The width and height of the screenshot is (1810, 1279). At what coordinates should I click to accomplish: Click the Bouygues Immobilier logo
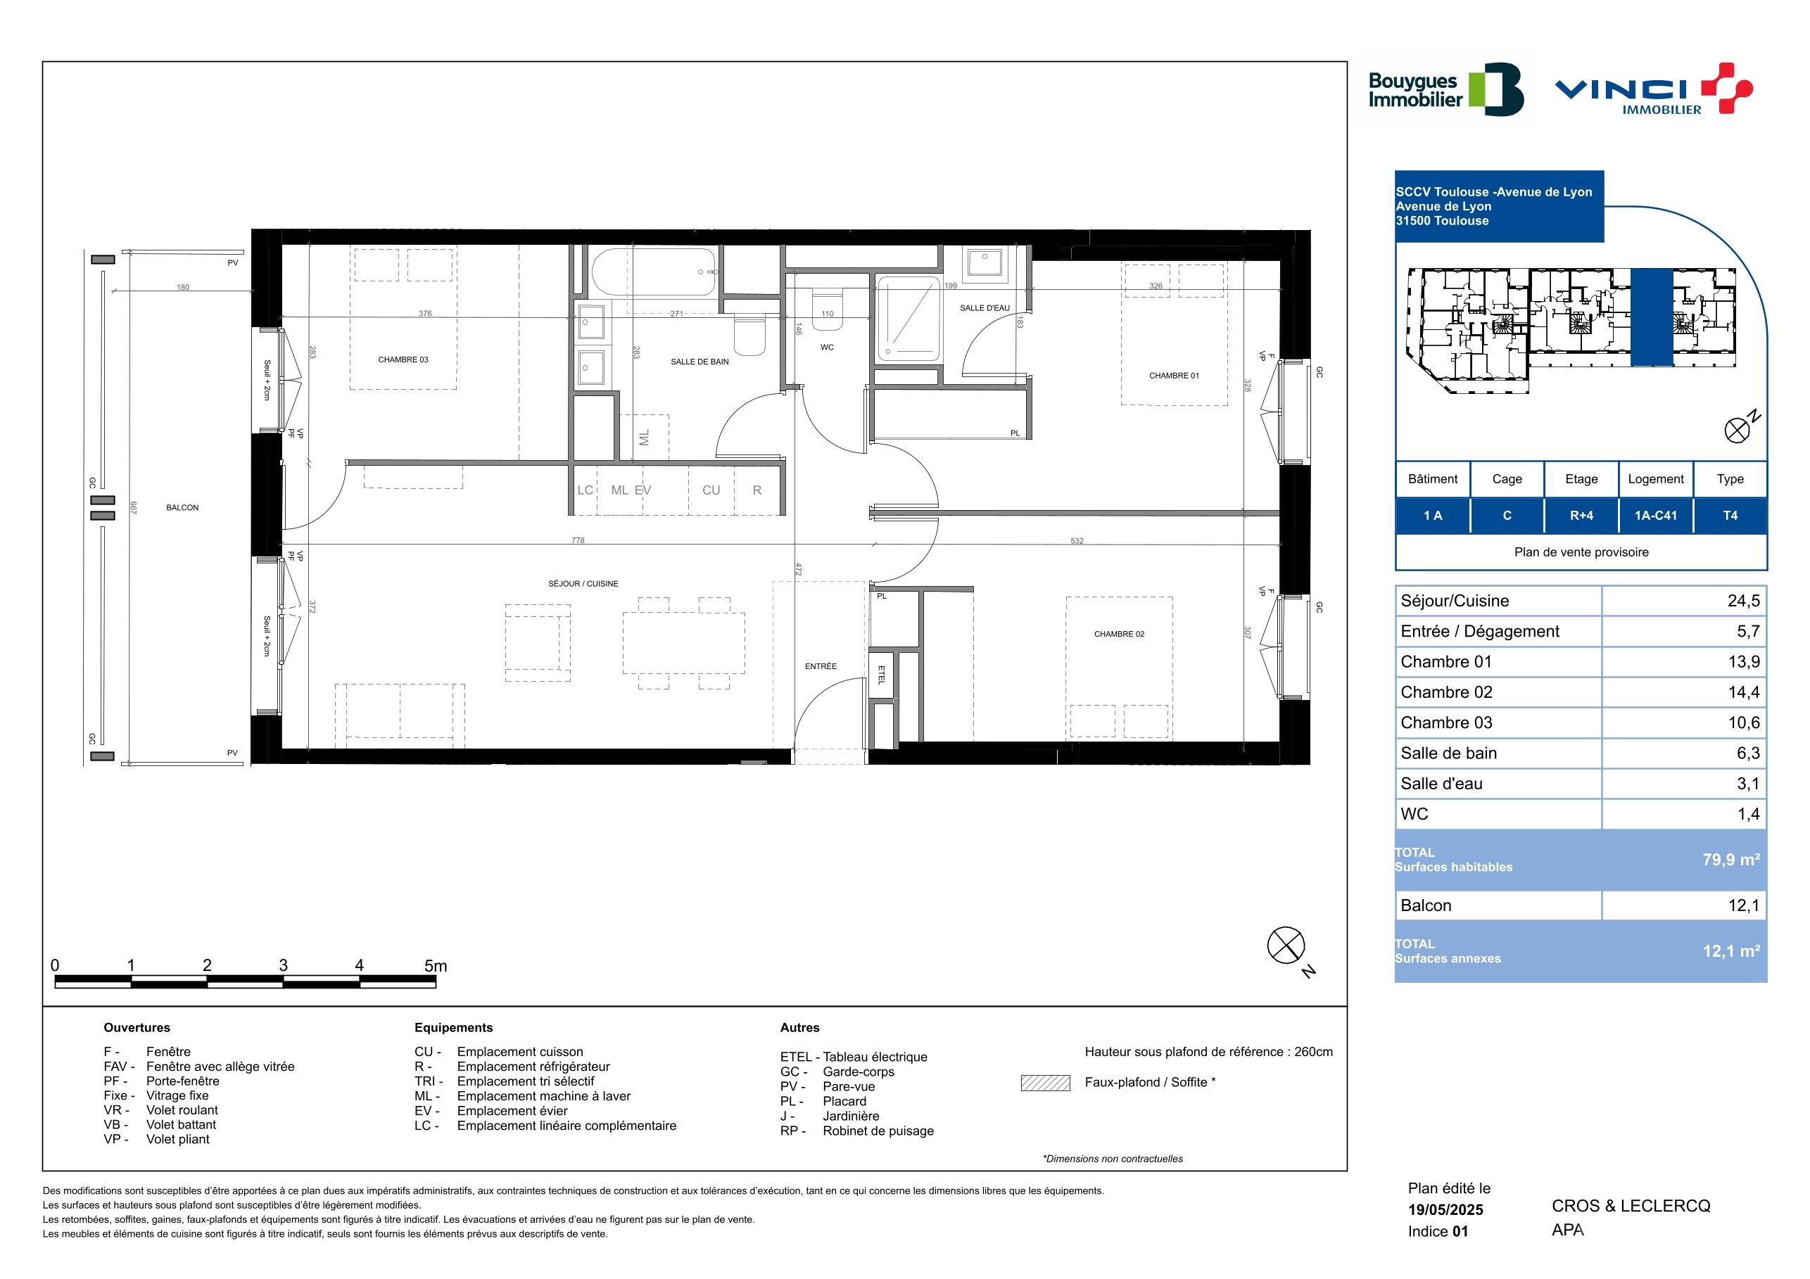pyautogui.click(x=1445, y=90)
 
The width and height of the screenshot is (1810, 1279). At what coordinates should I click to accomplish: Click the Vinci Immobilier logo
pyautogui.click(x=1654, y=89)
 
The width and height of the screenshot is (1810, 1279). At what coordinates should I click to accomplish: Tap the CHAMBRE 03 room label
pyautogui.click(x=403, y=360)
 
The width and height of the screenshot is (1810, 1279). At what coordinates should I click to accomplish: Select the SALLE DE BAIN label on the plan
pyautogui.click(x=700, y=362)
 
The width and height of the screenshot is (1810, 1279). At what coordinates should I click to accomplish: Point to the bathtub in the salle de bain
pyautogui.click(x=654, y=272)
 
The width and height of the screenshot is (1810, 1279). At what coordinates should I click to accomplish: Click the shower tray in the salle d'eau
pyautogui.click(x=909, y=319)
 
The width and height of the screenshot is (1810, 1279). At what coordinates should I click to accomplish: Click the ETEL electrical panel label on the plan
pyautogui.click(x=881, y=675)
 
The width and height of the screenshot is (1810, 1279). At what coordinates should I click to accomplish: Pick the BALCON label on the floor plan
pyautogui.click(x=182, y=508)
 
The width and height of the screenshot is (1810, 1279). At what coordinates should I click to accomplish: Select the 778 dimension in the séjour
pyautogui.click(x=578, y=540)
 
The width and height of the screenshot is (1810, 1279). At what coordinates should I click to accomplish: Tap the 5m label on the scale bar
pyautogui.click(x=435, y=965)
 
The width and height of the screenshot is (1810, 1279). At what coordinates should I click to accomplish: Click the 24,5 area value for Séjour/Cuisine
pyautogui.click(x=1744, y=602)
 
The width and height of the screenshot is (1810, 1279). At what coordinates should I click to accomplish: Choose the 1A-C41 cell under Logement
pyautogui.click(x=1655, y=516)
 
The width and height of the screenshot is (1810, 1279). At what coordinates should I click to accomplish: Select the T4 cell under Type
pyautogui.click(x=1730, y=516)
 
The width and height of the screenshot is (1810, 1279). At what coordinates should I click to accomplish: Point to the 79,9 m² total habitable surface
pyautogui.click(x=1731, y=860)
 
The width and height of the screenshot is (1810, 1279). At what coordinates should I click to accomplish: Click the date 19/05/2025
pyautogui.click(x=1445, y=1209)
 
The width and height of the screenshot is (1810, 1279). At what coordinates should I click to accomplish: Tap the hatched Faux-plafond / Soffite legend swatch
pyautogui.click(x=1045, y=1083)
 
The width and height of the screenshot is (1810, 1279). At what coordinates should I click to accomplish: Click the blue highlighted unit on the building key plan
pyautogui.click(x=1652, y=317)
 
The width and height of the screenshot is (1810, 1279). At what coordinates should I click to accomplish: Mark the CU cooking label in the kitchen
pyautogui.click(x=711, y=490)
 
